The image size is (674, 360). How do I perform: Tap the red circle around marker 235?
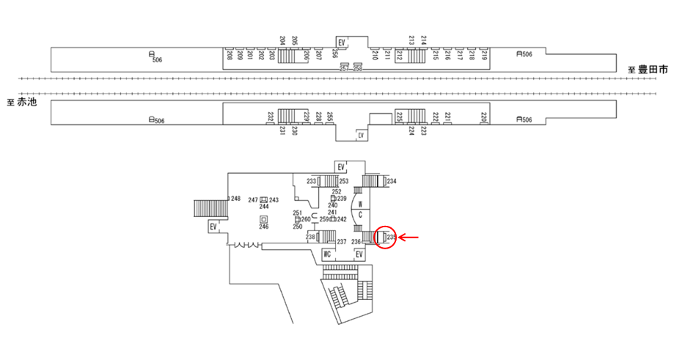click(x=385, y=238)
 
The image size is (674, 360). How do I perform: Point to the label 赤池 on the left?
click(x=26, y=102)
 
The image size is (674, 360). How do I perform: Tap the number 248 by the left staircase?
click(x=235, y=199)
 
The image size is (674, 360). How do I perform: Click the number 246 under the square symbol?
click(x=263, y=227)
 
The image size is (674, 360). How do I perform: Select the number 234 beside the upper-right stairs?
click(x=392, y=181)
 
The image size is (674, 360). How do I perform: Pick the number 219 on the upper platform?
click(x=483, y=54)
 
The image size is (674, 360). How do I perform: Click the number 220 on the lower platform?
click(x=483, y=117)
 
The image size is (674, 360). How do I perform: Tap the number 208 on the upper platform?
click(x=230, y=54)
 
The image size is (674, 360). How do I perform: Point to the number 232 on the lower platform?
click(x=271, y=117)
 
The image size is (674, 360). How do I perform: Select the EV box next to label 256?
click(x=341, y=41)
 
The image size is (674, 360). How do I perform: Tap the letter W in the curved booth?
click(x=360, y=205)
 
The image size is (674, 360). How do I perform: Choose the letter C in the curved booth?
click(x=360, y=216)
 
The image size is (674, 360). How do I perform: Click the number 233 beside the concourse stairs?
click(x=311, y=181)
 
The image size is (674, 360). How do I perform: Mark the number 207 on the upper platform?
click(x=318, y=54)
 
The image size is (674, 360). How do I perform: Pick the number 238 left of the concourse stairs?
click(x=310, y=237)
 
